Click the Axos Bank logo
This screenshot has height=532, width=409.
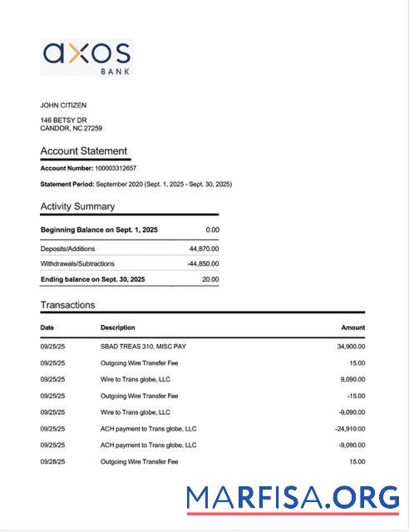86,57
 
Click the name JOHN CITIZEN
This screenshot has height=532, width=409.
63,106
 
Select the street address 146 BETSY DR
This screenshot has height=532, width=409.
63,121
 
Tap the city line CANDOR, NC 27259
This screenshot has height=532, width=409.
71,129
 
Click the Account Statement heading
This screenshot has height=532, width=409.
84,151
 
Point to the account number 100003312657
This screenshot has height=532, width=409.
116,168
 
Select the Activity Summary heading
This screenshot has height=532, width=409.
78,206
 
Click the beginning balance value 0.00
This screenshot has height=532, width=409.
212,229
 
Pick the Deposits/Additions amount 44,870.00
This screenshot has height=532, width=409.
204,249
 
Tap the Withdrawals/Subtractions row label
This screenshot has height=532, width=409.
78,264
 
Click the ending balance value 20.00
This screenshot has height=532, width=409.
210,279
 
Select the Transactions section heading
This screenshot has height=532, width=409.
68,305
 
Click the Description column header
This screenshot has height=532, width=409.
117,328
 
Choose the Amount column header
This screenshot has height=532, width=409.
352,328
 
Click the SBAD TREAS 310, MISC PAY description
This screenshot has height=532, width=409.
148,347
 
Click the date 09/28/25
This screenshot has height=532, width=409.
53,461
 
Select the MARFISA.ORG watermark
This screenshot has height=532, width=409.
293,497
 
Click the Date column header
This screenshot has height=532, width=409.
47,328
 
